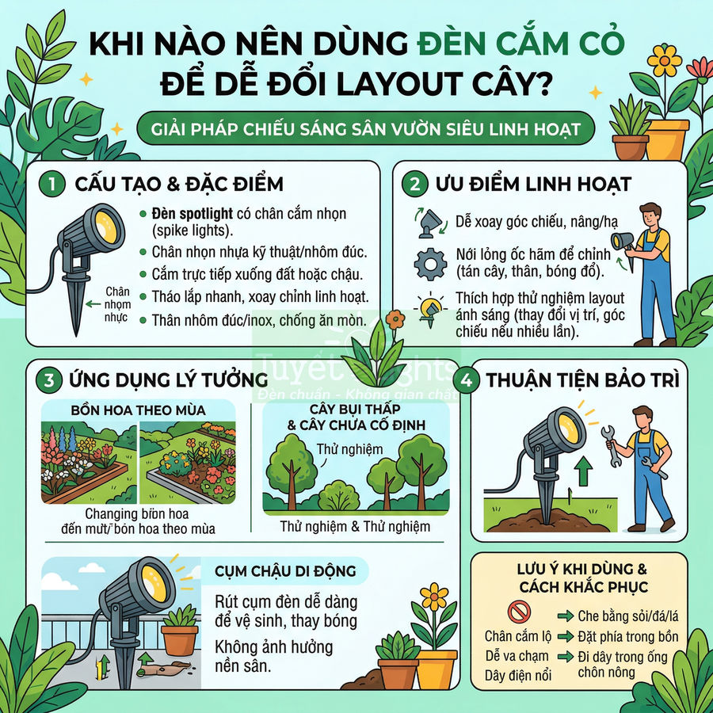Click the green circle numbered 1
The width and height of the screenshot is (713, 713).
tap(51, 184)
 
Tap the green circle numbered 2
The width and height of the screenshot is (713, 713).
tap(415, 184)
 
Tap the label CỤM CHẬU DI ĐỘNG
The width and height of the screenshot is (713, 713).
tap(285, 570)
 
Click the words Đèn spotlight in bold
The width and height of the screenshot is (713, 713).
tap(193, 214)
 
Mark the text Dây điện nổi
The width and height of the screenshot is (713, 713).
tap(518, 676)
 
